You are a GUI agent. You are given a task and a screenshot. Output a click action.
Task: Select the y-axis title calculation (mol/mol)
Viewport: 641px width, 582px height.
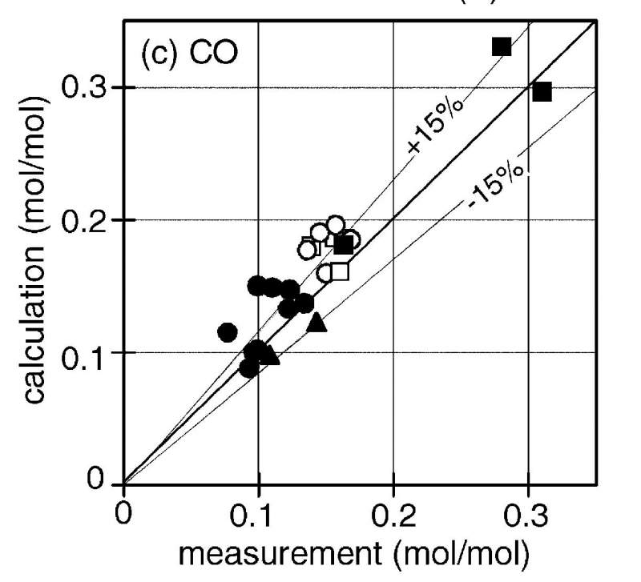[36, 264]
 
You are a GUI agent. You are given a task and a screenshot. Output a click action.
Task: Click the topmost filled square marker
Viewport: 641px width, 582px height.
[502, 46]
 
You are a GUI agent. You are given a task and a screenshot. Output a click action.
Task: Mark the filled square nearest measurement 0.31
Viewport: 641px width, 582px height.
[542, 91]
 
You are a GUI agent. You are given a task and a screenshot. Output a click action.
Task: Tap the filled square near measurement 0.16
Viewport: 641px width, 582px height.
[345, 245]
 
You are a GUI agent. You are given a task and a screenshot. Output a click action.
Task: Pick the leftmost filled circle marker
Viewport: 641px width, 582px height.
[228, 331]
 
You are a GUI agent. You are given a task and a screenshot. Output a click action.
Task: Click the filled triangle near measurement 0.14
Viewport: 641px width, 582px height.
[316, 322]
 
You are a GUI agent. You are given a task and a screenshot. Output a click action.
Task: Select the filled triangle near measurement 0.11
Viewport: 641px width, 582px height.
[271, 355]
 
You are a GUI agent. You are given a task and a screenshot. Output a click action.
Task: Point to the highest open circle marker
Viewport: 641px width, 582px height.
[336, 225]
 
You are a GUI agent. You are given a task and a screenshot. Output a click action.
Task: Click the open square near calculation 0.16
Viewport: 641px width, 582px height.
[340, 271]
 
